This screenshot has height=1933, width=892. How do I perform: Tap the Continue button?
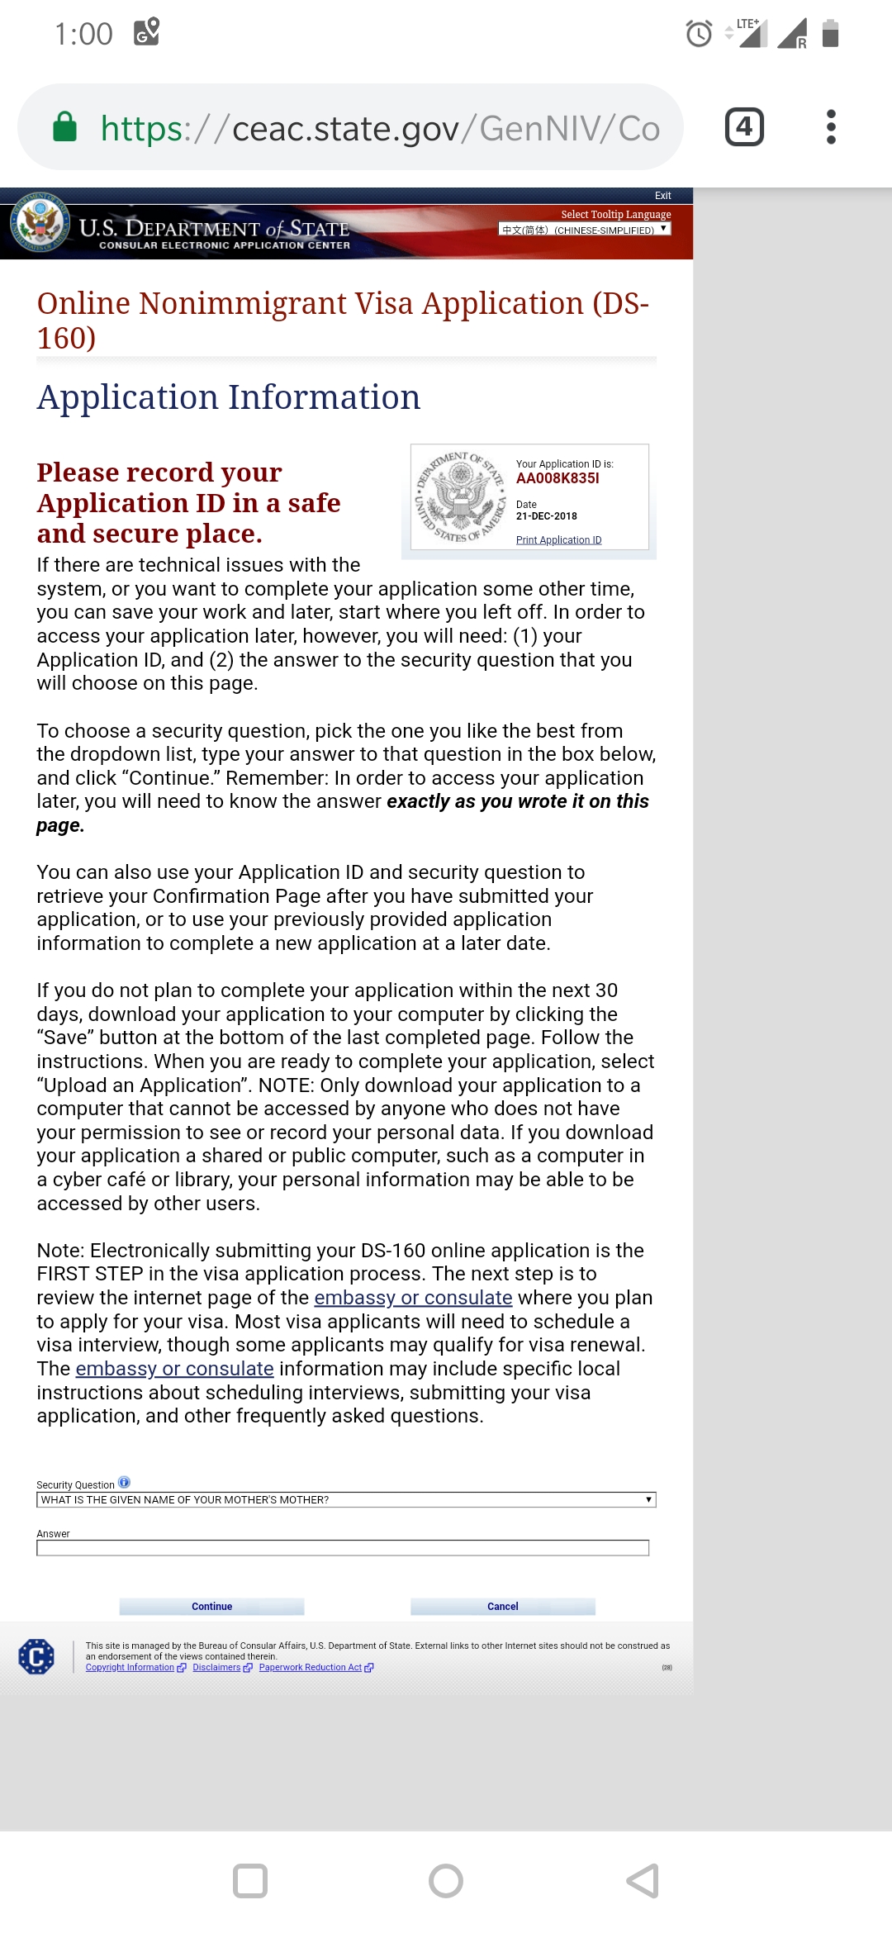click(211, 1606)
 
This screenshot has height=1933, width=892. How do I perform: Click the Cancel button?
click(502, 1606)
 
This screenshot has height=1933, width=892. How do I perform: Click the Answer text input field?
click(342, 1547)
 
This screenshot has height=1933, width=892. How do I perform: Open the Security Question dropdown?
click(345, 1499)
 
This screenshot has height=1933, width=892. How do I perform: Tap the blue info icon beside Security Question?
click(124, 1482)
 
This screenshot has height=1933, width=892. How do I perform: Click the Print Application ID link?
click(558, 540)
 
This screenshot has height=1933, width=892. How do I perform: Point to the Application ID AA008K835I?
click(557, 478)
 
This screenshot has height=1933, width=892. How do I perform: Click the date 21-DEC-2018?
click(546, 516)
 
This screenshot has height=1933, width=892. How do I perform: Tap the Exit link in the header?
click(662, 196)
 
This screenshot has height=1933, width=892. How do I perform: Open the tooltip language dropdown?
click(584, 230)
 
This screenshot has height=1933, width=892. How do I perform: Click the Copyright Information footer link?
click(130, 1667)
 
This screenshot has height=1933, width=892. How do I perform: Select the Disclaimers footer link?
click(216, 1667)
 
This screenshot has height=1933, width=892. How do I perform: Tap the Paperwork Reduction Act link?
click(311, 1667)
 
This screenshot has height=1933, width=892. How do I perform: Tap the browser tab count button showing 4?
click(744, 127)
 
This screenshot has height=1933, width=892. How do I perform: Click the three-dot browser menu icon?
click(831, 127)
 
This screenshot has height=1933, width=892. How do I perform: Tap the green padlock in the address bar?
click(64, 127)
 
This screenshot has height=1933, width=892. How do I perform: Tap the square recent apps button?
click(250, 1881)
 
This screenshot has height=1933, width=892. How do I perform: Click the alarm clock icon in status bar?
click(699, 34)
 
